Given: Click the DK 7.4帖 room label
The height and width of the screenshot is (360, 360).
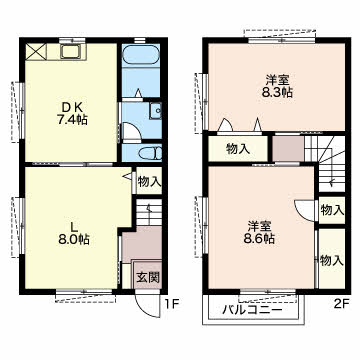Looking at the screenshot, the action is point(72,113).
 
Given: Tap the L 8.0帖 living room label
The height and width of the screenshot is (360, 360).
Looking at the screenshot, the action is point(74,233).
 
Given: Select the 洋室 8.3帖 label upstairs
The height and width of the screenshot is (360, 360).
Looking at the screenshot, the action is point(277,86).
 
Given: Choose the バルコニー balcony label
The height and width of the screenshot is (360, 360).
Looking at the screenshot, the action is point(252,311).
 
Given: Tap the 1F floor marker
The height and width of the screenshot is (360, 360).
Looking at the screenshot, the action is point(173,304).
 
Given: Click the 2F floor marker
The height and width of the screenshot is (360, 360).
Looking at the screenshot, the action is point(341,304).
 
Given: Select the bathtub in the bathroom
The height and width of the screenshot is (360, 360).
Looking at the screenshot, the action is point(142,54).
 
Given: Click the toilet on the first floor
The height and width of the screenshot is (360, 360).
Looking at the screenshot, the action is point(150,154).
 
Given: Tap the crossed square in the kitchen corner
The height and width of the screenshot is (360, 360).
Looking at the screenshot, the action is point(36,52).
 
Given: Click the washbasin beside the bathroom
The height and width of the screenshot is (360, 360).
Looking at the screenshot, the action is point(155,111).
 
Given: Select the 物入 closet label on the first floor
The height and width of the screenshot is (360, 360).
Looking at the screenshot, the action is point(149,182).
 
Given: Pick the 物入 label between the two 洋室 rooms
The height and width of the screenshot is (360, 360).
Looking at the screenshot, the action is point(238,149).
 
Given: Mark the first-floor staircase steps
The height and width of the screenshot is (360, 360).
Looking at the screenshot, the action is point(149,213).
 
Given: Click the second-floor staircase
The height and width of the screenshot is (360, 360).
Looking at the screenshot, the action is point(325,163).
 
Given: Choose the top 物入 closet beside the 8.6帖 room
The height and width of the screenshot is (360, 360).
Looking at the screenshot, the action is point(332,210).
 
